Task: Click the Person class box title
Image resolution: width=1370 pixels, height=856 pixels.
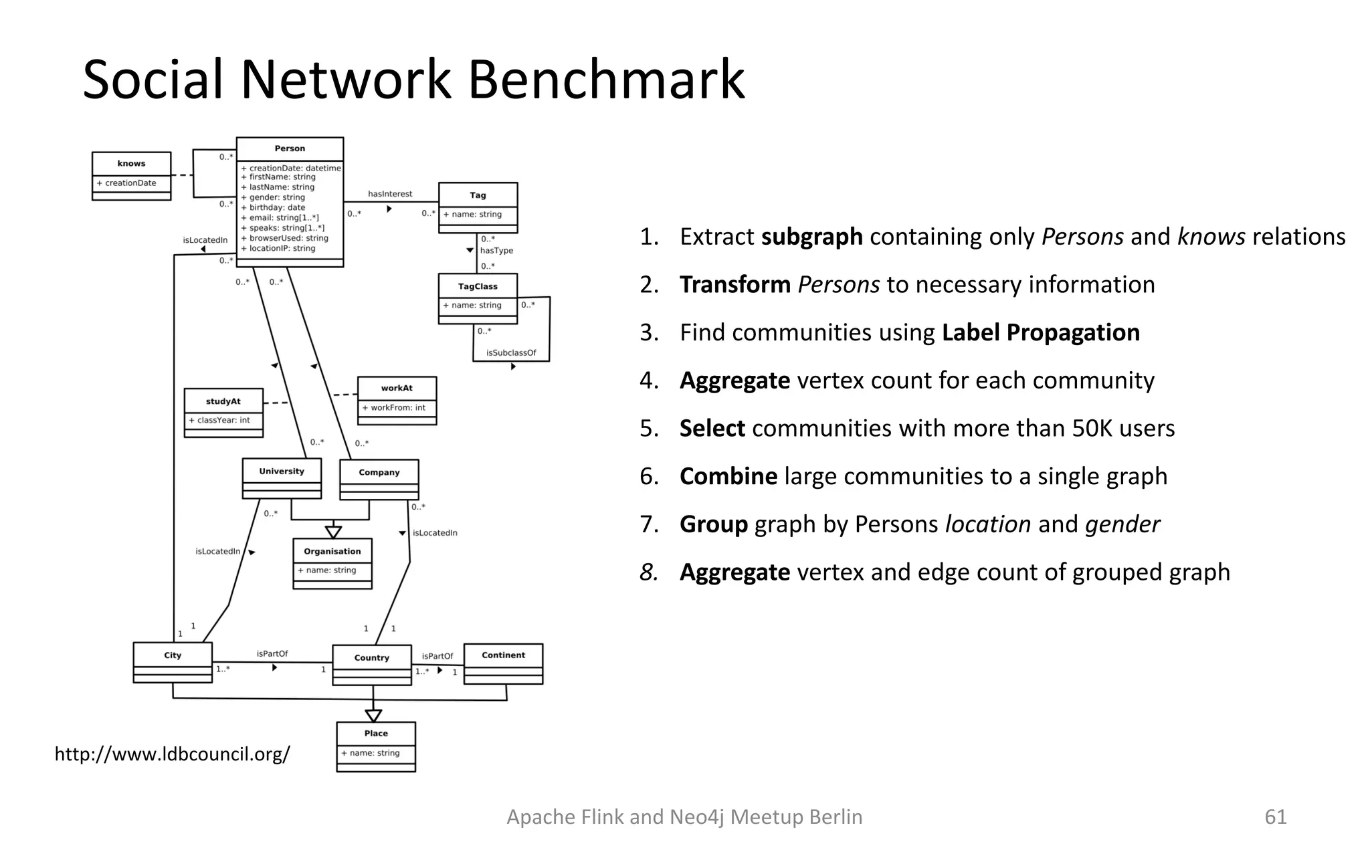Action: click(290, 148)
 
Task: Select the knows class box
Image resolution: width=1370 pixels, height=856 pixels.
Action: click(131, 176)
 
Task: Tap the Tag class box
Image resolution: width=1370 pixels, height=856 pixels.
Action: click(478, 207)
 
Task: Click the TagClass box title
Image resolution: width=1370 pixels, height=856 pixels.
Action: click(478, 286)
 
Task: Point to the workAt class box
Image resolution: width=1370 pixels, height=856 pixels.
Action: click(397, 401)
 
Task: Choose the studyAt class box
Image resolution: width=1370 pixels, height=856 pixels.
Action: click(223, 413)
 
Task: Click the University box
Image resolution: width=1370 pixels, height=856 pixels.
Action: click(282, 478)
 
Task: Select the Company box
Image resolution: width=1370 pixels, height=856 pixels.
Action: click(379, 479)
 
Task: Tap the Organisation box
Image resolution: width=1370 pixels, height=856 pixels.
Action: click(332, 564)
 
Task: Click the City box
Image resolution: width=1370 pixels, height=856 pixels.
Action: click(173, 662)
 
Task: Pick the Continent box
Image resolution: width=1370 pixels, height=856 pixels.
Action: click(503, 663)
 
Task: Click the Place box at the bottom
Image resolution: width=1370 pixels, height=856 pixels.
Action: click(376, 746)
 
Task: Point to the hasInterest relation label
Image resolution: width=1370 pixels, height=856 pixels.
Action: click(390, 194)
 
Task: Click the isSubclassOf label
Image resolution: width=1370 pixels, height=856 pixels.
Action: click(511, 353)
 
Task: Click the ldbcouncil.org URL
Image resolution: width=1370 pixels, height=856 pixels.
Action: click(172, 754)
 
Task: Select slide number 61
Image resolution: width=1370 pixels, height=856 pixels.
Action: click(1275, 817)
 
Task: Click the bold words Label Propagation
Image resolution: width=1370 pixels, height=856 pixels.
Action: click(1040, 332)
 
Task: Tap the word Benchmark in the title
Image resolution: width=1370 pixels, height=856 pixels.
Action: click(605, 80)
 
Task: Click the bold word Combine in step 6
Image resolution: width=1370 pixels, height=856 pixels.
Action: click(728, 476)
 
